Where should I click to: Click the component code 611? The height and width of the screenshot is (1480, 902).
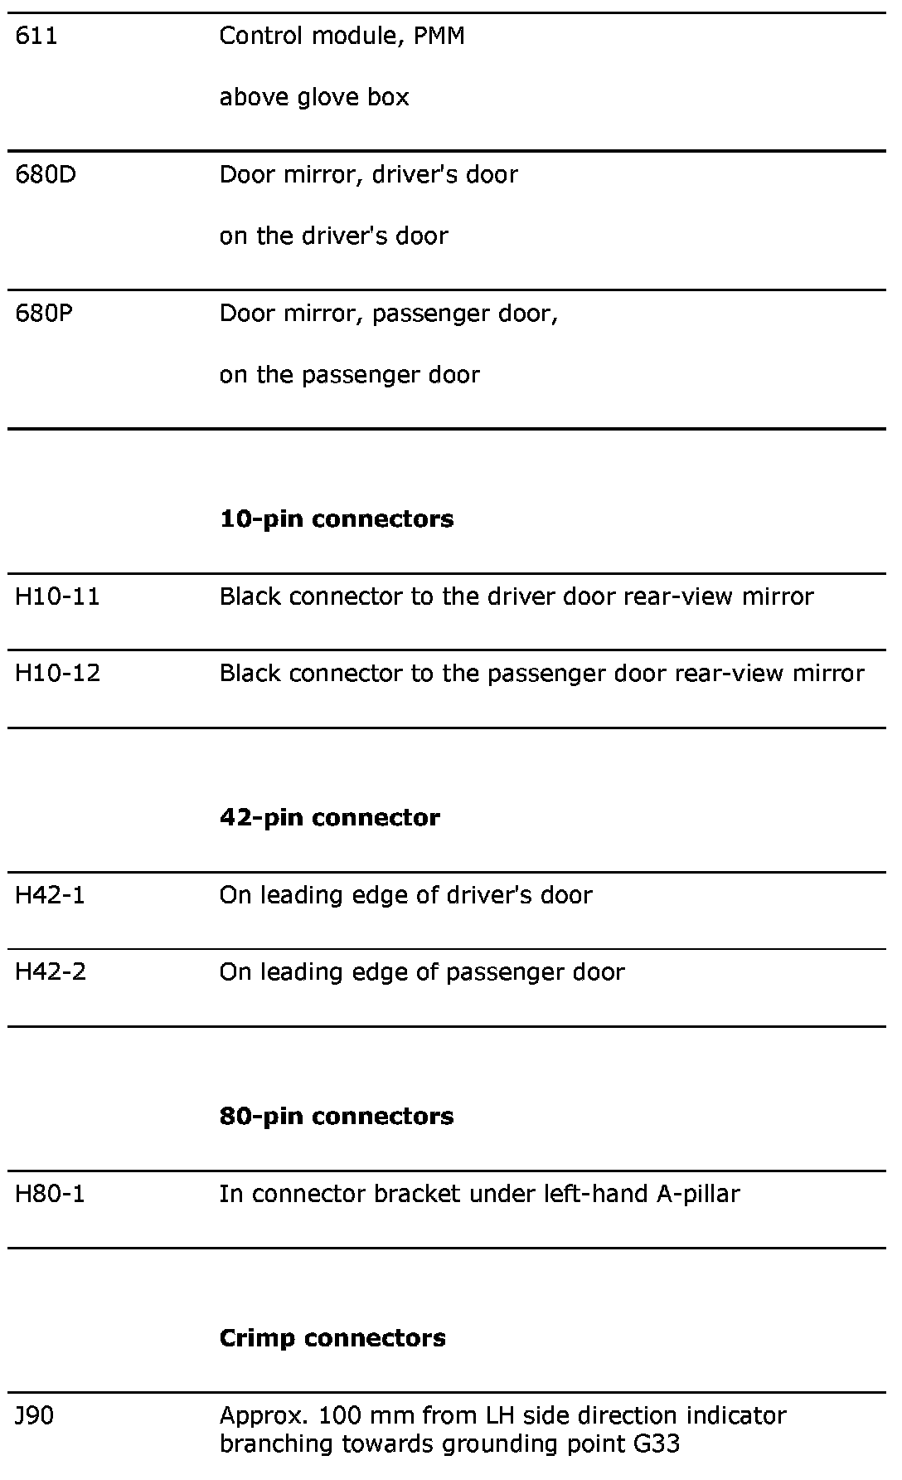[36, 37]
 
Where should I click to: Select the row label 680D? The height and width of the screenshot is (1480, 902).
[46, 175]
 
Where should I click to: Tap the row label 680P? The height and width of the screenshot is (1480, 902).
[45, 314]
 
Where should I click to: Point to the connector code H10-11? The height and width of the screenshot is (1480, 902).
[57, 597]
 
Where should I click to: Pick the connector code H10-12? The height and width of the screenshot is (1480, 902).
[58, 674]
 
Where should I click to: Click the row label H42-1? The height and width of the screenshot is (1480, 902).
[50, 896]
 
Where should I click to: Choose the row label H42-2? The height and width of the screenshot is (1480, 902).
[51, 972]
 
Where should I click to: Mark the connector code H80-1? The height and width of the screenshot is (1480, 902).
[50, 1195]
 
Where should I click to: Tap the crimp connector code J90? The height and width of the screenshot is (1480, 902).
[34, 1416]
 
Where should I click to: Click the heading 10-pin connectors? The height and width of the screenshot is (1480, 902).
[337, 519]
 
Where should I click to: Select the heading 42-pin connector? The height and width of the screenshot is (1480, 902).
[330, 818]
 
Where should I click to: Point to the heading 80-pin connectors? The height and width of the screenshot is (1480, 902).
[337, 1117]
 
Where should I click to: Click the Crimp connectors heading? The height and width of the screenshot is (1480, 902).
[332, 1338]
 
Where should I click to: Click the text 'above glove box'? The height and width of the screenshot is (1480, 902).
[314, 98]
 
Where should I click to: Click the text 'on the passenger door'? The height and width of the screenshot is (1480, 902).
[349, 375]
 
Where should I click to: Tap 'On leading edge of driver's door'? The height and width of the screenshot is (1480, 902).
[405, 896]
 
